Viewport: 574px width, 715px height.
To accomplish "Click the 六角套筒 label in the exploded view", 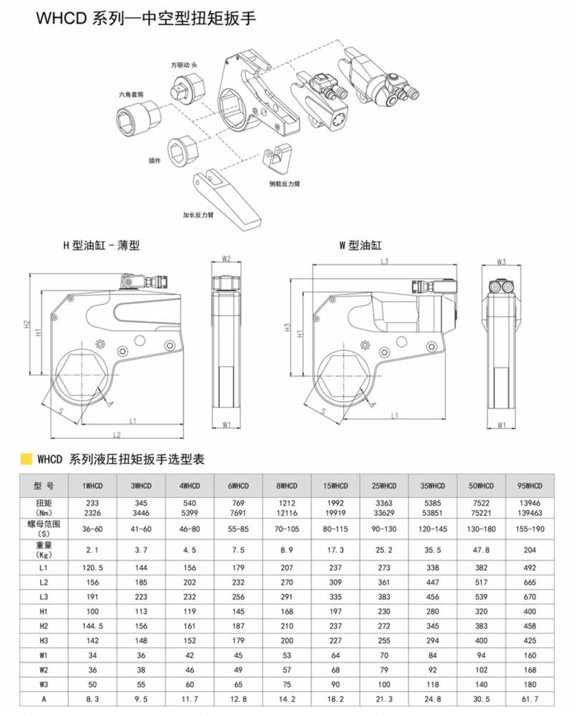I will point(132,94).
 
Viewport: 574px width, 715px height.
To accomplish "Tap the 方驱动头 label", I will point(184,65).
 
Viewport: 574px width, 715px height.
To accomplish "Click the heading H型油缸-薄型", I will point(101,245).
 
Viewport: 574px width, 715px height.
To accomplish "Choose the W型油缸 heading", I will point(359,245).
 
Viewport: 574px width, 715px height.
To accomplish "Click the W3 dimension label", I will point(501,261).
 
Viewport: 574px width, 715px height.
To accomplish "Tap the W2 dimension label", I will point(226,259).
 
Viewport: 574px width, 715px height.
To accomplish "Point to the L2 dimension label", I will point(117,434).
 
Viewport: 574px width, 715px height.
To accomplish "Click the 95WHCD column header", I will point(530,486).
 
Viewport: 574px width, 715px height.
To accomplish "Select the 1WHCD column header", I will point(93,486).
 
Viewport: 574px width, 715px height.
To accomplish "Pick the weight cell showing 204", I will point(530,550).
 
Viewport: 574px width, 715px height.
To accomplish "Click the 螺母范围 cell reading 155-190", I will point(530,528).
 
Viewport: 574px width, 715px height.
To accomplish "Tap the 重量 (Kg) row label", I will point(43,550).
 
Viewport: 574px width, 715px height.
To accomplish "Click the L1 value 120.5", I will point(93,568).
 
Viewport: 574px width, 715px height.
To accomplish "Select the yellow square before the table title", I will point(26,459).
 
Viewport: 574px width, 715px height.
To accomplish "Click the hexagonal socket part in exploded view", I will point(137,115).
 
